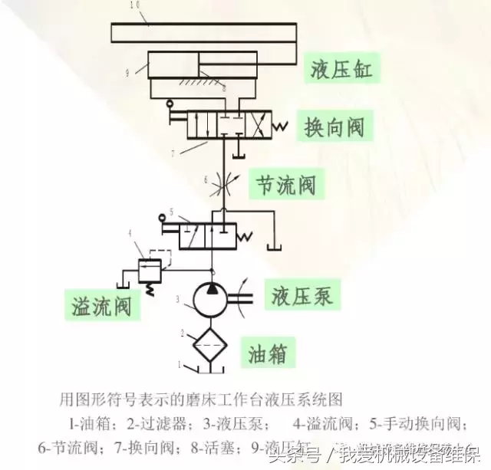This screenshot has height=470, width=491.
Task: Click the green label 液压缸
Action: click(x=341, y=70)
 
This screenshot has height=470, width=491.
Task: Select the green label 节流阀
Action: click(x=285, y=184)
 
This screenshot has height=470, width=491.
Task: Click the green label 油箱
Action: click(x=272, y=353)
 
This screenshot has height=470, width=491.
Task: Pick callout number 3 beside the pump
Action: click(x=177, y=298)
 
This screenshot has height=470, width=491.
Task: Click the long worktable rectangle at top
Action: click(x=203, y=33)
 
